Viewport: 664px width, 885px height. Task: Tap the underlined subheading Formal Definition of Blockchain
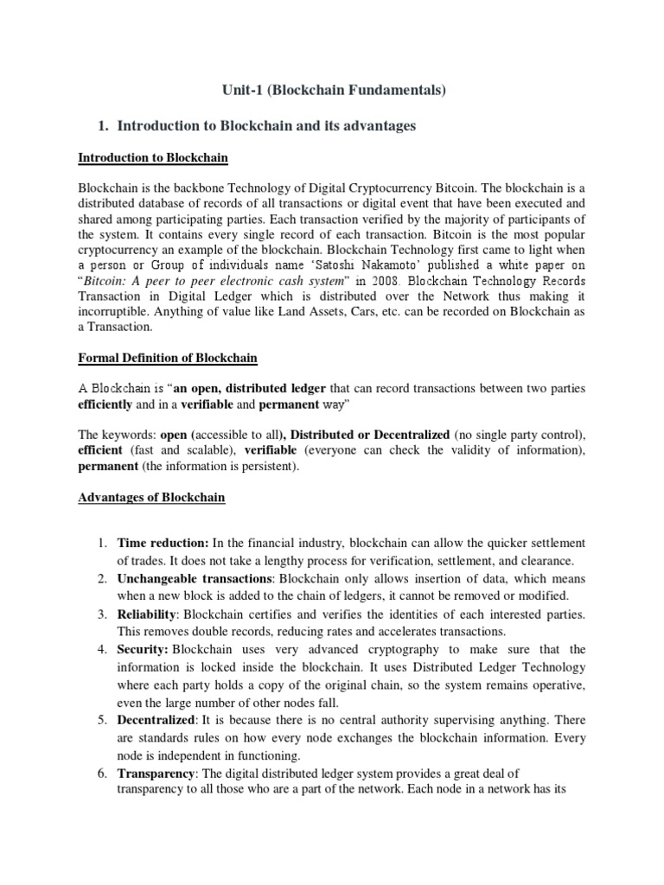[x=168, y=358]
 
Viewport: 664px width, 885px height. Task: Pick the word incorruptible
[x=118, y=314]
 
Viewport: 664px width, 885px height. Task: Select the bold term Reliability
[x=148, y=614]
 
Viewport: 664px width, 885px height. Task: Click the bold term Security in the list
[x=142, y=649]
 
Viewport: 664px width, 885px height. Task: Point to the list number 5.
[x=101, y=720]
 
